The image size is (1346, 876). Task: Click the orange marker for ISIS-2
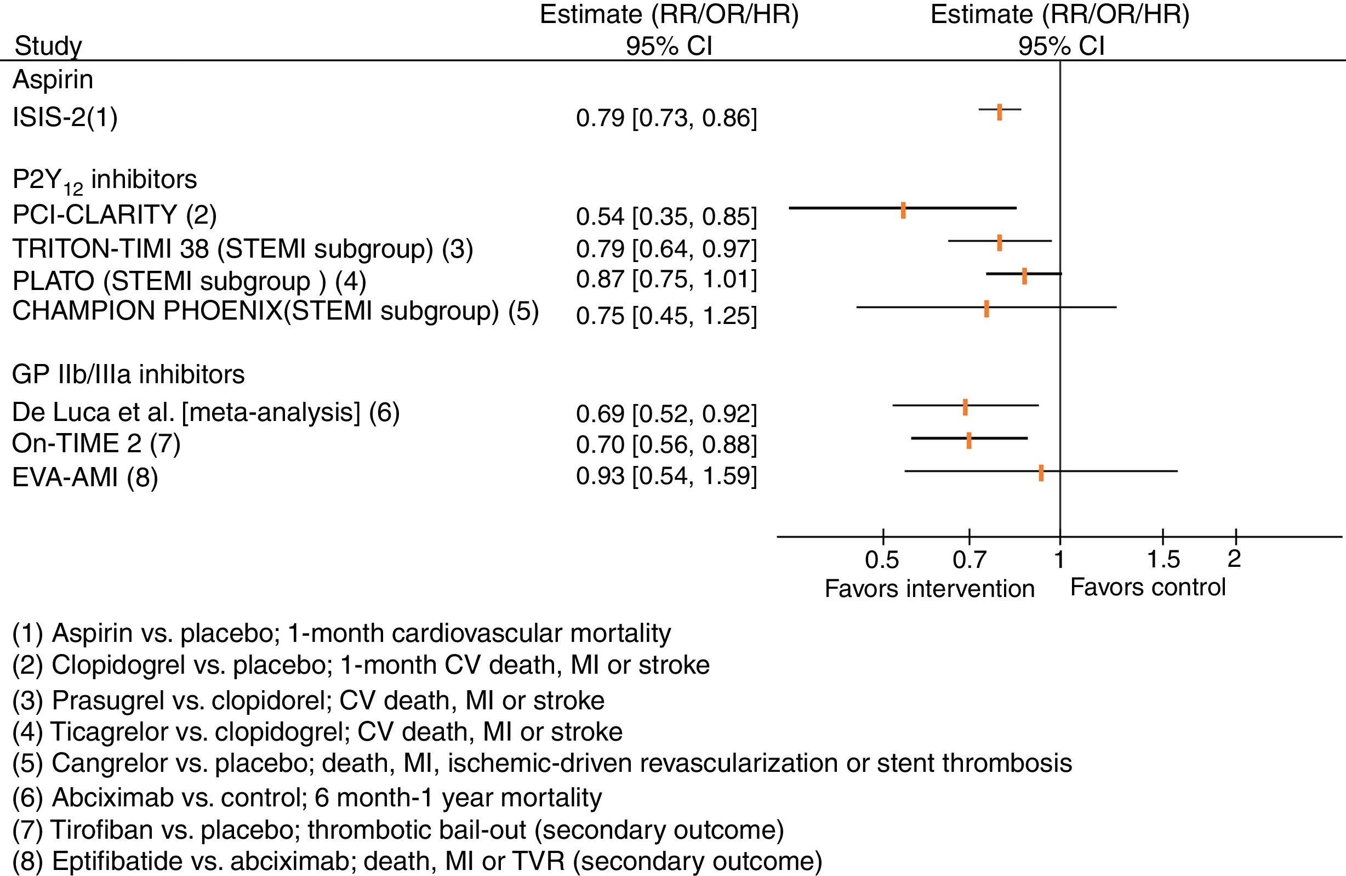(x=999, y=112)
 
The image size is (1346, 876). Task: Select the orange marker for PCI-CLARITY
(x=903, y=210)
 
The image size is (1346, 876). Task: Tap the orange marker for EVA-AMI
(x=1041, y=473)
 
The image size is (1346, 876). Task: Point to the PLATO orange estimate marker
(x=1024, y=276)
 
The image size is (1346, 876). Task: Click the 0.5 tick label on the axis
(x=882, y=559)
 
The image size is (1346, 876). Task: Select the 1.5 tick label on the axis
(x=1164, y=559)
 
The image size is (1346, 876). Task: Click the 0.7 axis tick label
(x=969, y=559)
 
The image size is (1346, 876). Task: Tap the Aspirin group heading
(x=53, y=79)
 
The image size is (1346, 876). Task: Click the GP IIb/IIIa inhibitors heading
(x=128, y=374)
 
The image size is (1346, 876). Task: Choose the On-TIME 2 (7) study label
(x=96, y=444)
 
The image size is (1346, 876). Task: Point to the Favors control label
(x=1148, y=587)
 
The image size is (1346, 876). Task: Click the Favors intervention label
(x=929, y=588)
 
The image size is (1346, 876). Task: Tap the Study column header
(x=48, y=46)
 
